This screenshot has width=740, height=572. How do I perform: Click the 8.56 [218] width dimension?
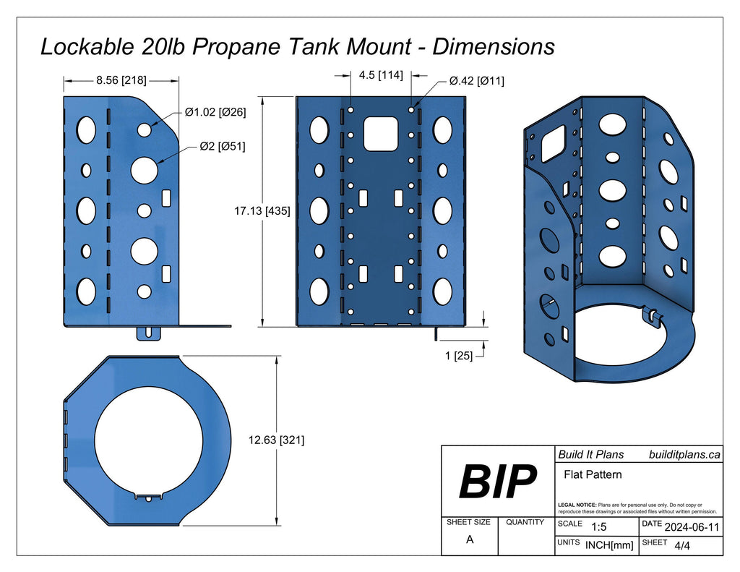pos(121,81)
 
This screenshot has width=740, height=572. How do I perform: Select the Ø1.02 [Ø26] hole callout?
pos(215,112)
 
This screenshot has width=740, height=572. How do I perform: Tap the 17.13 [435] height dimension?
pos(262,212)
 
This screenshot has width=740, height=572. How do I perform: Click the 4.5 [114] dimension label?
pos(381,74)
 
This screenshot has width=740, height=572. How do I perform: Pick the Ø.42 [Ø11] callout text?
pos(476,82)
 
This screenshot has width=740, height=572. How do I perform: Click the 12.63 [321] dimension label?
pos(275,440)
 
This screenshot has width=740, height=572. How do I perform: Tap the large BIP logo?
pos(498,481)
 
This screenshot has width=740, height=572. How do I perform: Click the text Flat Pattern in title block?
pos(593,475)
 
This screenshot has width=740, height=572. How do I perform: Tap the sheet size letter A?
pos(470,539)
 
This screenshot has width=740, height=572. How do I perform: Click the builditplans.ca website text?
pos(684,454)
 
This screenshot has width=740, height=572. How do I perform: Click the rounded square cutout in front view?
pos(381,133)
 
